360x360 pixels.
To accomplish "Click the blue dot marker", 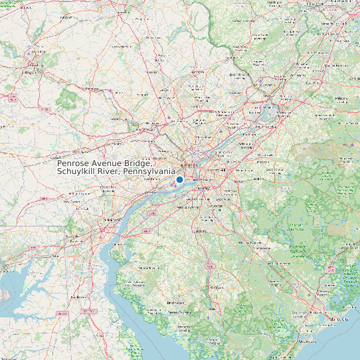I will (x=179, y=179).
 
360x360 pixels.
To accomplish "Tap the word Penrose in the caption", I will (x=74, y=163).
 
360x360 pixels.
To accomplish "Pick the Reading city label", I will (x=34, y=66).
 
